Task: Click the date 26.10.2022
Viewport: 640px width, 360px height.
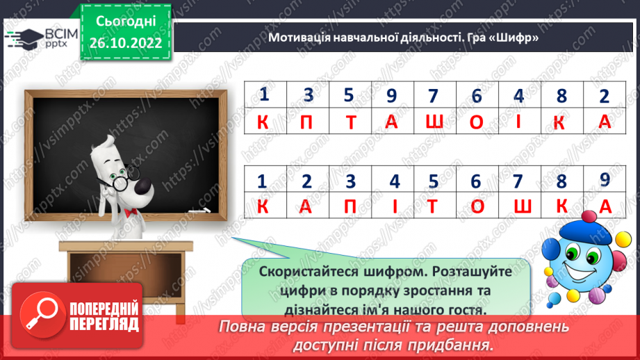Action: (126, 43)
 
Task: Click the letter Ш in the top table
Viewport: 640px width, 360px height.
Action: (434, 122)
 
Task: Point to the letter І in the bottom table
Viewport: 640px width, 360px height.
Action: (394, 206)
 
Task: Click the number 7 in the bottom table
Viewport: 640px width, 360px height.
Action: (517, 181)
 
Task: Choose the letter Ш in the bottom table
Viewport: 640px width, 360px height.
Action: (518, 206)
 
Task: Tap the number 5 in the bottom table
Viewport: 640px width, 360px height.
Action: (434, 181)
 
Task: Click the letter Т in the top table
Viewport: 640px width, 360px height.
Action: (350, 122)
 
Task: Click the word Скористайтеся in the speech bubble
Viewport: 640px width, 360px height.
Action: (306, 272)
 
